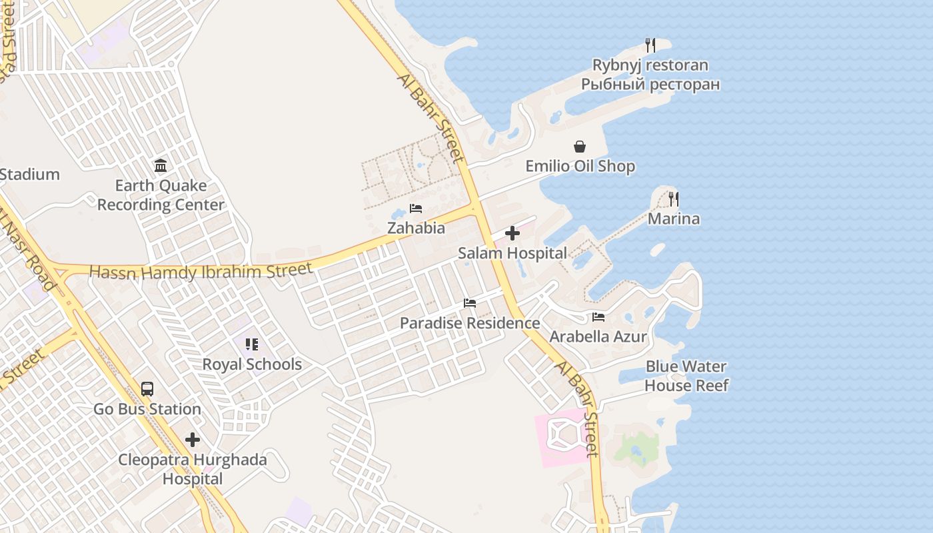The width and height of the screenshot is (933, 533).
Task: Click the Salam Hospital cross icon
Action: [512, 233]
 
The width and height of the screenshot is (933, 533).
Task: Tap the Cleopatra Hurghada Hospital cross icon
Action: [193, 440]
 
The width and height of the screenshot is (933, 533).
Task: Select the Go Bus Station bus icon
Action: [147, 389]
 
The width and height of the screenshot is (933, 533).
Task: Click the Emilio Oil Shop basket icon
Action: [580, 147]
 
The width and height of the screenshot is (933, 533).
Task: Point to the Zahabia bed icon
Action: [416, 209]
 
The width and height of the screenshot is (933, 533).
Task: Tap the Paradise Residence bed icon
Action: [470, 303]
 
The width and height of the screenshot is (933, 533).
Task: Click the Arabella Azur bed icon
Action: [598, 317]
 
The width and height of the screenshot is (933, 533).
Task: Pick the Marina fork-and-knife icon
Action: [674, 199]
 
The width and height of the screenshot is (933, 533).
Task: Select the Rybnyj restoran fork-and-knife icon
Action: [650, 45]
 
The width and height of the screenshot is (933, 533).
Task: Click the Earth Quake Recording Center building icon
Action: [161, 165]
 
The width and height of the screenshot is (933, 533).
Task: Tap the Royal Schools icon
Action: [252, 344]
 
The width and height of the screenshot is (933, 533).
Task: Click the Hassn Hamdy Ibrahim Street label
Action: [201, 271]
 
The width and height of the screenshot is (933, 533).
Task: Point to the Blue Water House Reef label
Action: [686, 376]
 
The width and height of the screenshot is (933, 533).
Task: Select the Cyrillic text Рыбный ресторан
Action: [650, 85]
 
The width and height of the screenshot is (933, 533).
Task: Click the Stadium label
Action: [30, 175]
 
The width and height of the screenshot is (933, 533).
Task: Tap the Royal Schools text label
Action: [252, 364]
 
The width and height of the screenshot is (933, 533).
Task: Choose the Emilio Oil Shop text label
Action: [580, 166]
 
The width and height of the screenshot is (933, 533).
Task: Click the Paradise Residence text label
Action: [470, 323]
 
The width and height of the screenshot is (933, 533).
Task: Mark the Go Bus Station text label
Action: [147, 409]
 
